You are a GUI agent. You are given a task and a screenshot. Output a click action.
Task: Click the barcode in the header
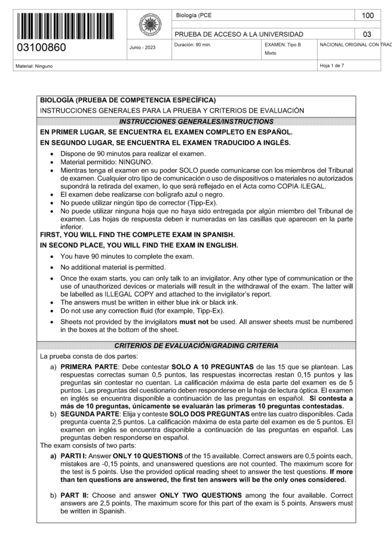click(65, 26)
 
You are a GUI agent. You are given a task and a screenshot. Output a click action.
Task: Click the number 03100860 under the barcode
click(41, 48)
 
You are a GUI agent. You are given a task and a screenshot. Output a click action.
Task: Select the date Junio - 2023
click(142, 48)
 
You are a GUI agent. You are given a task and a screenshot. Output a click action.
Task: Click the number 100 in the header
click(367, 15)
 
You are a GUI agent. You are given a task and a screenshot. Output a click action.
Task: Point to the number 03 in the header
click(367, 34)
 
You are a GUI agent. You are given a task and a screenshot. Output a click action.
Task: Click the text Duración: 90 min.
click(192, 45)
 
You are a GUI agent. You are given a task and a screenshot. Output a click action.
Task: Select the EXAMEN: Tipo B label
click(283, 45)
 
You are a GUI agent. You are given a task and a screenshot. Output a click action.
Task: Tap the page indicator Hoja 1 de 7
click(332, 66)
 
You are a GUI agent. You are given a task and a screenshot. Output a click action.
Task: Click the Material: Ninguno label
click(34, 66)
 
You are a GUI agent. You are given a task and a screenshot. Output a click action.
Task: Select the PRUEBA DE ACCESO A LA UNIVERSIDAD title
click(239, 34)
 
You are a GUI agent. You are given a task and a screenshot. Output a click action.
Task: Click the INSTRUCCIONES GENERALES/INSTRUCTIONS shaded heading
click(196, 122)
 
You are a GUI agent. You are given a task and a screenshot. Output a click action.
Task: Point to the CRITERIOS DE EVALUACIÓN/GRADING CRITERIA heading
click(196, 346)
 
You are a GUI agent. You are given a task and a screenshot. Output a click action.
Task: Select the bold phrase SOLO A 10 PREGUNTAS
click(212, 367)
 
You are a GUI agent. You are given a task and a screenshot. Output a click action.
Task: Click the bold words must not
click(194, 322)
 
